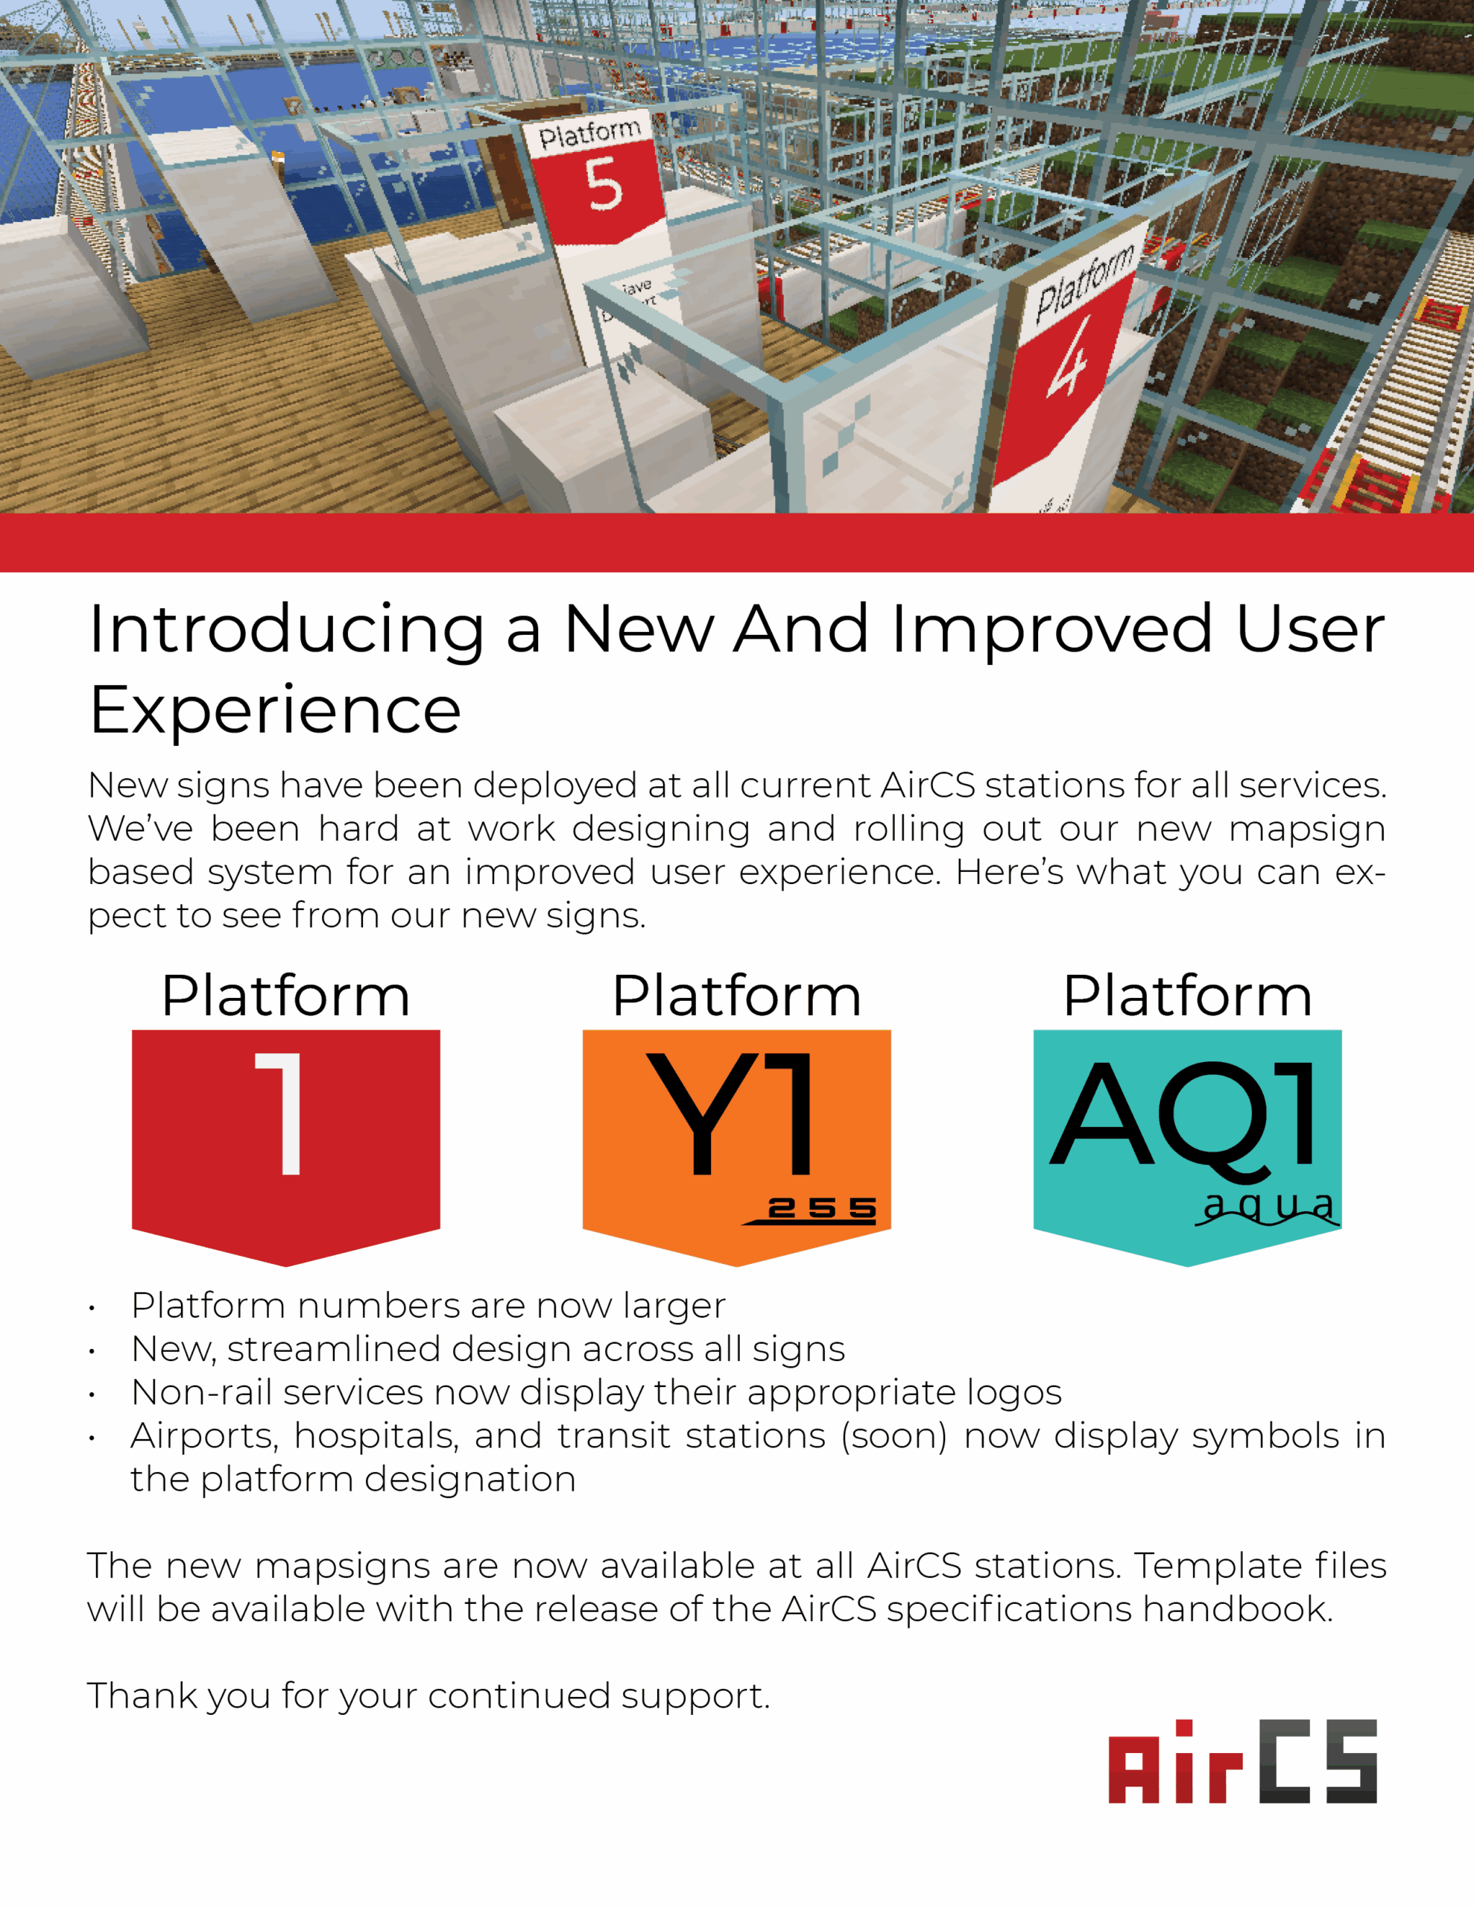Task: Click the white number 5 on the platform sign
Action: (x=604, y=184)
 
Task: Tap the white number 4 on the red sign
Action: (x=1069, y=357)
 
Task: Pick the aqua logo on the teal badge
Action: (x=1268, y=1209)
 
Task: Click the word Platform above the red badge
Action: (x=285, y=996)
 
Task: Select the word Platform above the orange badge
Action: (x=736, y=996)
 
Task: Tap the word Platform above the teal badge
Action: (x=1187, y=996)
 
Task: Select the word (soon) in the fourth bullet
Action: (x=893, y=1436)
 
